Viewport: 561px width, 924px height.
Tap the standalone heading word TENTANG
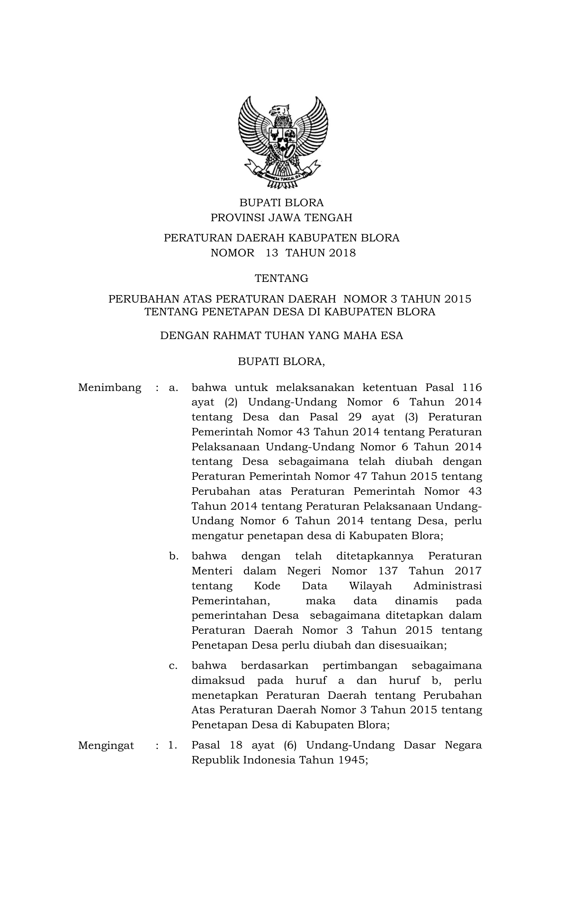tap(282, 278)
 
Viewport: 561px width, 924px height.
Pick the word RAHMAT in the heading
tap(240, 336)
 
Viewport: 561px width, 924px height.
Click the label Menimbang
tap(110, 388)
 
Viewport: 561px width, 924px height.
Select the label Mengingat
tap(106, 745)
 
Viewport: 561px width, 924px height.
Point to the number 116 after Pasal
tap(473, 387)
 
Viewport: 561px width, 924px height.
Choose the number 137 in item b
tap(388, 571)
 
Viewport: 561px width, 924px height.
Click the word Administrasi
tap(448, 586)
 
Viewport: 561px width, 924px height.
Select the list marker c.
tap(173, 666)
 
